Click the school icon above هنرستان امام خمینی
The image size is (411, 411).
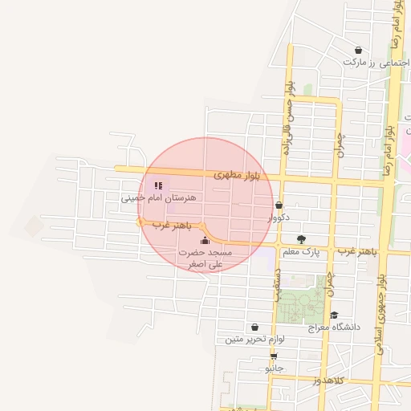(157, 185)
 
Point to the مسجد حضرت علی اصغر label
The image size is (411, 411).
(204, 258)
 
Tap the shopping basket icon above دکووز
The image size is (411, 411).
(279, 205)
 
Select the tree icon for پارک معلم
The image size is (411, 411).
(301, 239)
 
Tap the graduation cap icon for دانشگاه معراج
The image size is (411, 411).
(335, 315)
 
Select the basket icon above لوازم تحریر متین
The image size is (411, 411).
(254, 327)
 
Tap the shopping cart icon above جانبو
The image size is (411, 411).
(274, 356)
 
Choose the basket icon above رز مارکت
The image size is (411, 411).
(358, 50)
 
